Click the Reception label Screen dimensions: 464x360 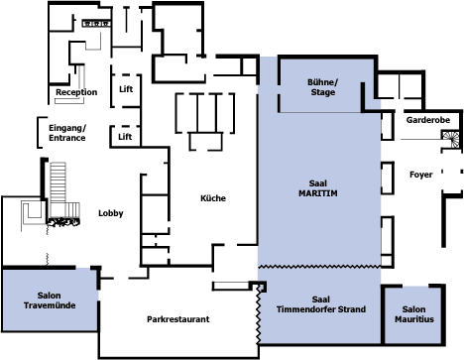(x=76, y=92)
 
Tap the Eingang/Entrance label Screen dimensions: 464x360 (x=67, y=133)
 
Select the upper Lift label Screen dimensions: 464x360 (x=126, y=89)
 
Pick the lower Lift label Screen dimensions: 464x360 (x=125, y=137)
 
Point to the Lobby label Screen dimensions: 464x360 (x=111, y=213)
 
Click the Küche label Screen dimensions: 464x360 (x=213, y=198)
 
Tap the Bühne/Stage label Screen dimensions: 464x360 (x=323, y=87)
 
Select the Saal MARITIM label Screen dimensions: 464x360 (x=318, y=188)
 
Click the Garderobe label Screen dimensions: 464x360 (x=428, y=120)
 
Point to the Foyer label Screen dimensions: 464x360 (x=421, y=175)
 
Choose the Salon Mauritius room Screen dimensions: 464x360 (x=412, y=314)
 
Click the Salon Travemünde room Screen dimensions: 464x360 (x=50, y=300)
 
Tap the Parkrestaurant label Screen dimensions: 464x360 (x=178, y=319)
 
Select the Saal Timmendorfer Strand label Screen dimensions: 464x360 (x=321, y=304)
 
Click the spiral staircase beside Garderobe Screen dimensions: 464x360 (x=451, y=140)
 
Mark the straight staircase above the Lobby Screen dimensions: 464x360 (x=58, y=181)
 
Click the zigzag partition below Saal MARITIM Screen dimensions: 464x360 (x=319, y=266)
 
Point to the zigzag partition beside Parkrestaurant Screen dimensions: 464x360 (x=259, y=315)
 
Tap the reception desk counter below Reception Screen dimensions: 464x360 (x=69, y=100)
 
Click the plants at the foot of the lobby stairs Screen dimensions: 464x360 (x=63, y=222)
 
